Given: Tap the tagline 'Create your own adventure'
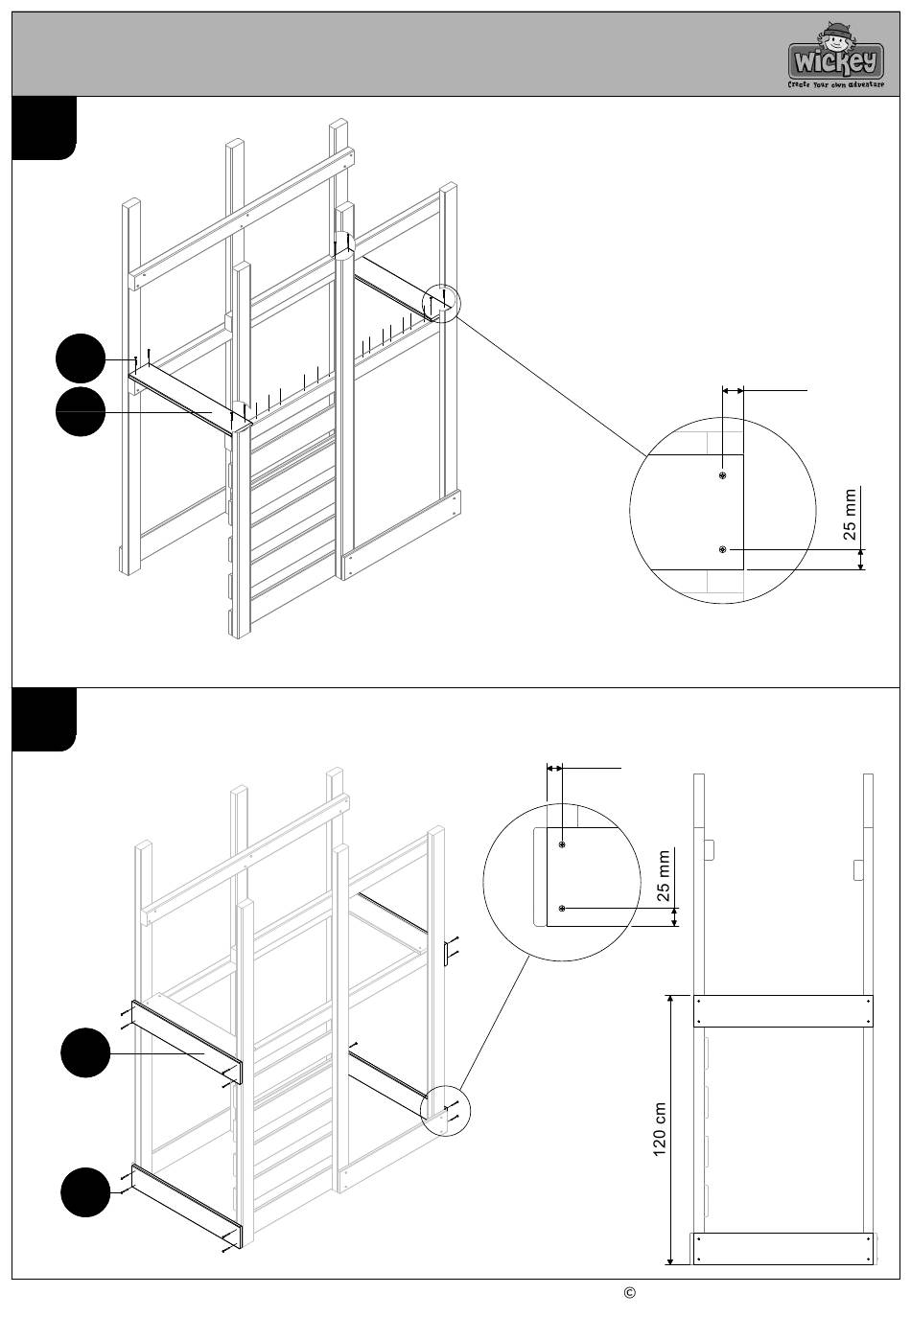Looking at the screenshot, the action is point(835,85).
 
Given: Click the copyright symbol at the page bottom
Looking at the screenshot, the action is point(630,1293).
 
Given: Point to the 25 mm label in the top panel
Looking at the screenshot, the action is point(850,515).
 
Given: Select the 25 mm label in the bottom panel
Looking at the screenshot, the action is point(664,876).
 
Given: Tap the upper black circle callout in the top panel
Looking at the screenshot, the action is point(81,358).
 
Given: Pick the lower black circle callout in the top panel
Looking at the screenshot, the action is point(81,412).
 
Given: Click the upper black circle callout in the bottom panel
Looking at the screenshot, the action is point(85,1052).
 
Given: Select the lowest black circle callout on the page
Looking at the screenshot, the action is point(85,1192).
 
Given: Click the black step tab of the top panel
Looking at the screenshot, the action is point(44,128).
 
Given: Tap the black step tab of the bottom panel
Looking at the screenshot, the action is point(44,720).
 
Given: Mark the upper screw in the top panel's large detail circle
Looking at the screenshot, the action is point(722,475).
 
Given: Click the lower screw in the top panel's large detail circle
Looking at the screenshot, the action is point(722,550).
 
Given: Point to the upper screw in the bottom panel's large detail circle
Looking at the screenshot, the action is point(561,844).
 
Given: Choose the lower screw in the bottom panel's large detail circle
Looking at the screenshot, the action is point(561,909).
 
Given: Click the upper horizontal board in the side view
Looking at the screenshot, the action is point(783,1011).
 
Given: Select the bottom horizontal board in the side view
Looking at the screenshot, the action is point(783,1249).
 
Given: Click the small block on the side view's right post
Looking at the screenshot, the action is point(857,869).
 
